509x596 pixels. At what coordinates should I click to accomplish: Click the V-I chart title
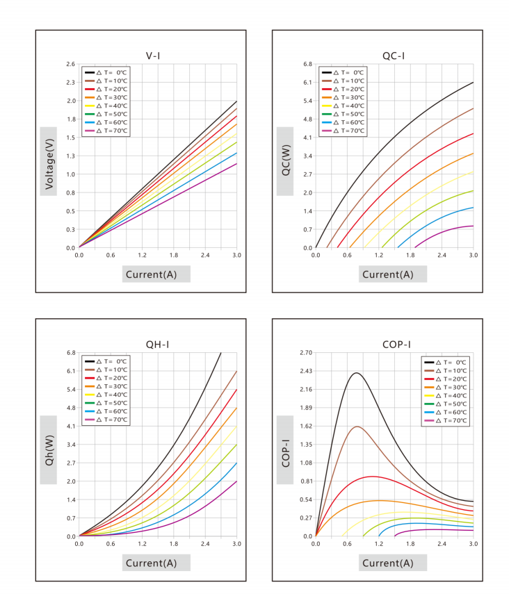(x=153, y=56)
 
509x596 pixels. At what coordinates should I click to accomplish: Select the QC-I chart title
(x=394, y=56)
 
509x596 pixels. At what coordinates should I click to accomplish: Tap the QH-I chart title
(x=157, y=345)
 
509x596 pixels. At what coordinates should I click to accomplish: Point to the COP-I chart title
(x=396, y=345)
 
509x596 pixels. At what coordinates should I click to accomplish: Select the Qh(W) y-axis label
(x=49, y=450)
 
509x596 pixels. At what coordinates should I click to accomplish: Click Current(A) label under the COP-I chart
(x=387, y=563)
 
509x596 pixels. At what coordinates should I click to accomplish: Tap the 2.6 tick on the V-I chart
(x=71, y=64)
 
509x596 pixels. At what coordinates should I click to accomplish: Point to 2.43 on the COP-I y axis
(x=306, y=371)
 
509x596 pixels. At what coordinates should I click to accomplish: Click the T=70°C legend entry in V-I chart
(x=106, y=131)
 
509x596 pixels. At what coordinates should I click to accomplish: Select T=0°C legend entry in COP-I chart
(x=446, y=362)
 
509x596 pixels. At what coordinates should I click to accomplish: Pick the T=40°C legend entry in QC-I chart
(x=343, y=106)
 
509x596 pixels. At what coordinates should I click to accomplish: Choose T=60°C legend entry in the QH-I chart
(x=106, y=411)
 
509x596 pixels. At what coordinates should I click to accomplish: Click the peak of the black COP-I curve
(x=357, y=373)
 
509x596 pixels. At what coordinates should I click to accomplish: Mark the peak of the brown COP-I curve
(x=357, y=427)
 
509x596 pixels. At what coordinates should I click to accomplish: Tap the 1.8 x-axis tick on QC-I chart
(x=410, y=255)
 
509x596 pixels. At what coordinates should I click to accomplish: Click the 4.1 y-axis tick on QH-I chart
(x=71, y=426)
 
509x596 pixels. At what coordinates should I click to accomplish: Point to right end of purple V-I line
(x=236, y=164)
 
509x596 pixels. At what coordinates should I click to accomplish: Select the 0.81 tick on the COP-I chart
(x=306, y=481)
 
